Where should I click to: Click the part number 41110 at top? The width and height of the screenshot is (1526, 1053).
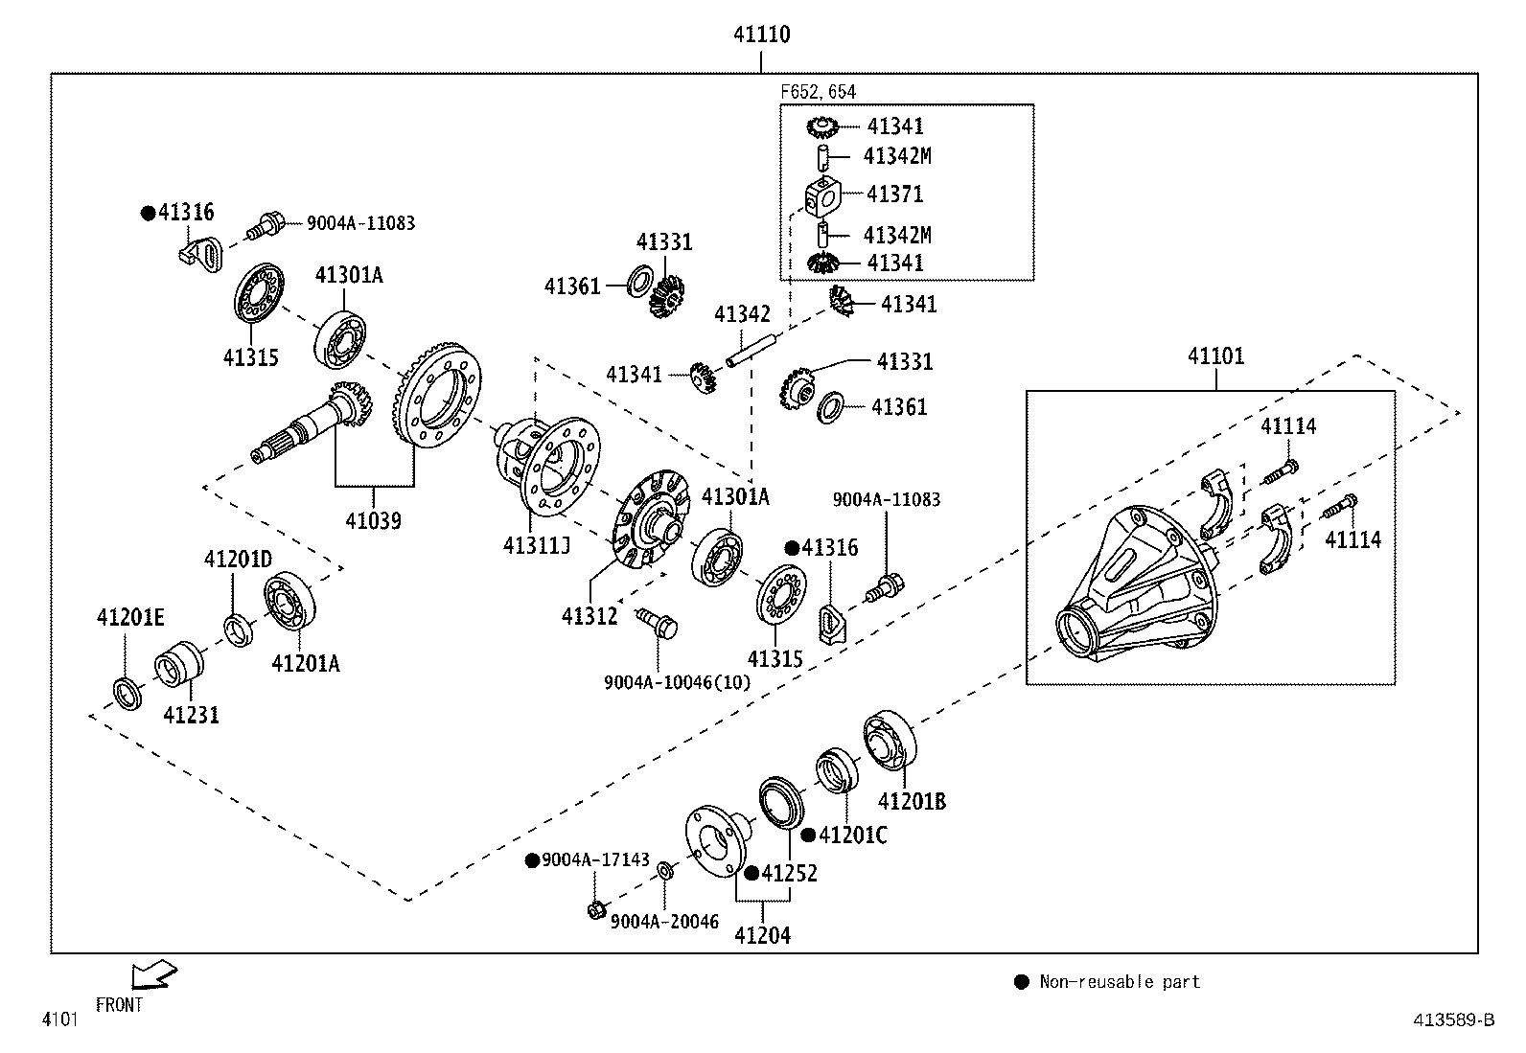click(761, 34)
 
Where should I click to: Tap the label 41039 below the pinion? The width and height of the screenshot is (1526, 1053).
click(373, 521)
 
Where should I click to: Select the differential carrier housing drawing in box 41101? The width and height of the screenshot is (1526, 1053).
click(1136, 584)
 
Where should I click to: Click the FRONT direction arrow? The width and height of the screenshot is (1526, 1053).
click(154, 974)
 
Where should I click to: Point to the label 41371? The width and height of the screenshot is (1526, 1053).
click(894, 195)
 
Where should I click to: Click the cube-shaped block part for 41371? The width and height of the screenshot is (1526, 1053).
click(821, 195)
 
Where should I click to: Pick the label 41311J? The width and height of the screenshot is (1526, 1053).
click(536, 546)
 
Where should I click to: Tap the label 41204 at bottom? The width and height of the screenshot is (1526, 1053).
click(762, 936)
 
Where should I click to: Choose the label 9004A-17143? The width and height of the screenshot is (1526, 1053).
click(595, 860)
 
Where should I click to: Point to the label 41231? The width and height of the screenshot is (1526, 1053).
click(191, 715)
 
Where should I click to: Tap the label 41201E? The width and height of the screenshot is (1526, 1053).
click(130, 618)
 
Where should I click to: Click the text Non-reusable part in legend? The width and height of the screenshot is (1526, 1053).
click(1119, 982)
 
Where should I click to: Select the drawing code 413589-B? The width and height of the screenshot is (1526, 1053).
click(1453, 1020)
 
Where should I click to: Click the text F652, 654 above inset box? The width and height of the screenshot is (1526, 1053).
click(818, 92)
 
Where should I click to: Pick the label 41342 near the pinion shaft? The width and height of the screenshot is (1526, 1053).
click(742, 314)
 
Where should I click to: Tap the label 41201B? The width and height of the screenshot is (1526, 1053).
click(912, 802)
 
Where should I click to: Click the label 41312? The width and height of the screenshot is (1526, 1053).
click(590, 616)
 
